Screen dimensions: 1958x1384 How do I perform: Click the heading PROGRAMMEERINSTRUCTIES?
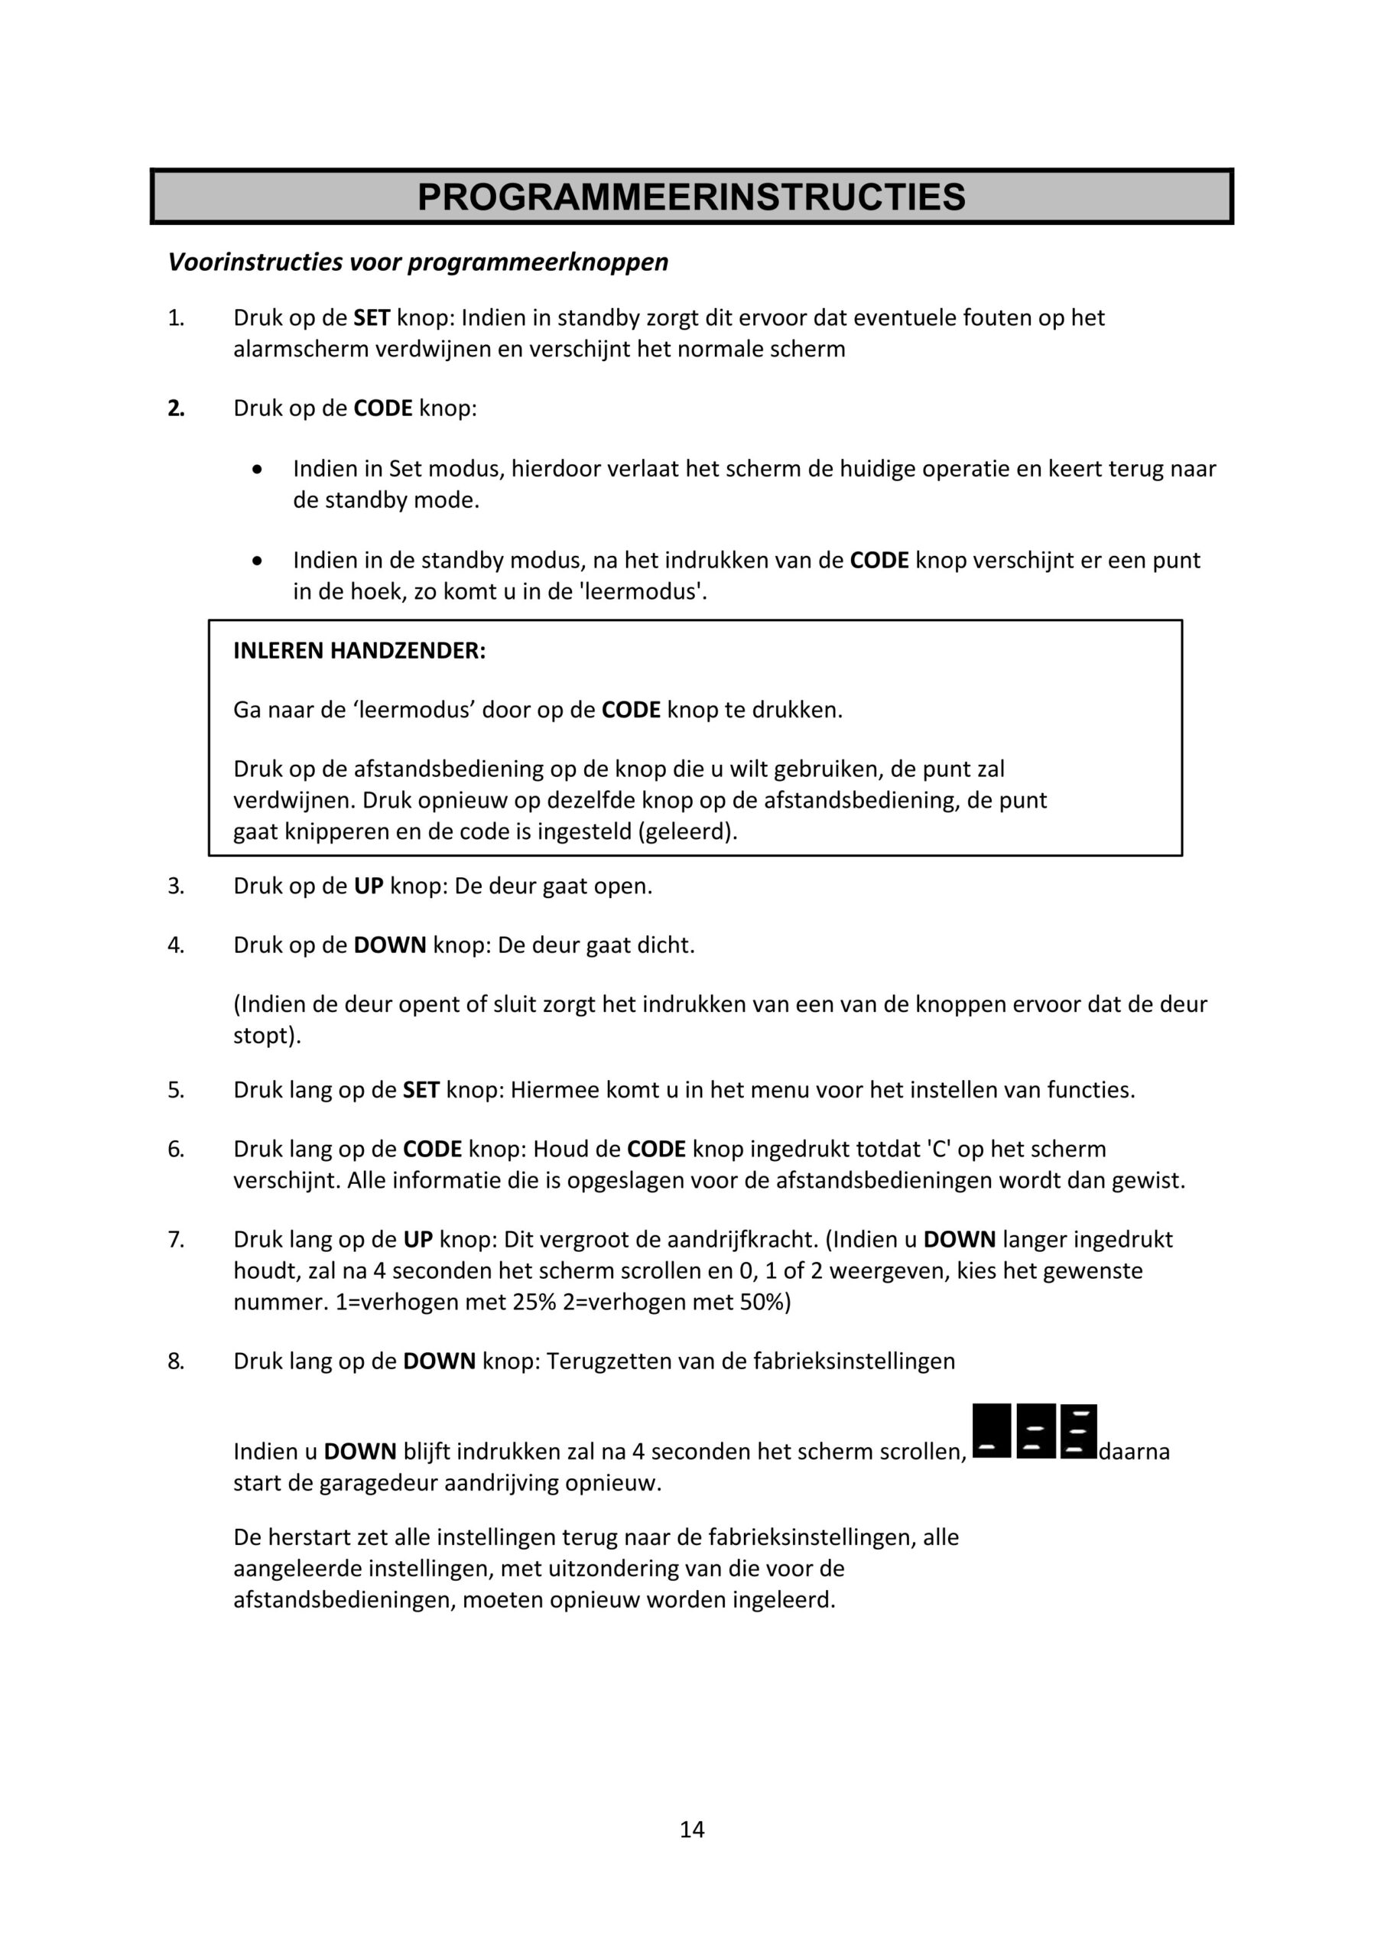pyautogui.click(x=690, y=197)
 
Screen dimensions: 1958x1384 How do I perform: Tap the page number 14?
pyautogui.click(x=691, y=1829)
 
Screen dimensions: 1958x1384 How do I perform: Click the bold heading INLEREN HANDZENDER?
pyautogui.click(x=359, y=651)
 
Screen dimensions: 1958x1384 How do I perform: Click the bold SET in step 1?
pyautogui.click(x=372, y=318)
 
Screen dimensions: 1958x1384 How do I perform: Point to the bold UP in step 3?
pyautogui.click(x=369, y=886)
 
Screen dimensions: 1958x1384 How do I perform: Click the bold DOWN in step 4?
pyautogui.click(x=390, y=945)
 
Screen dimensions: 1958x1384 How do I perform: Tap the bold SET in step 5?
pyautogui.click(x=421, y=1090)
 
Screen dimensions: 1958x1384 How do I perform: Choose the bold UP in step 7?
pyautogui.click(x=417, y=1239)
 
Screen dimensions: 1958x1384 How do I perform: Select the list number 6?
pyautogui.click(x=176, y=1150)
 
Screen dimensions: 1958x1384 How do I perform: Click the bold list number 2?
pyautogui.click(x=176, y=408)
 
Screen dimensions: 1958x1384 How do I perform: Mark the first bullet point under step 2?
pyautogui.click(x=258, y=470)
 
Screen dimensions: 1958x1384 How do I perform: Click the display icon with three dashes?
pyautogui.click(x=1079, y=1432)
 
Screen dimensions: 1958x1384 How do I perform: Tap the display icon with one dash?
pyautogui.click(x=991, y=1432)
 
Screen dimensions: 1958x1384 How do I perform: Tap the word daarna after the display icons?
pyautogui.click(x=1134, y=1451)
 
